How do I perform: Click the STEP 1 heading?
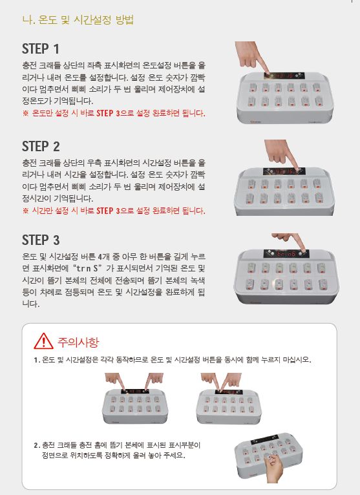coord(41,49)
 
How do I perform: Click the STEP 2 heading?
coord(41,147)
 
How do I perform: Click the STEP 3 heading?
coord(41,240)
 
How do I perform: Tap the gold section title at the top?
coord(78,19)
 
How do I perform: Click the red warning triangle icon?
coord(43,341)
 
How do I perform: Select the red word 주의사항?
coord(78,342)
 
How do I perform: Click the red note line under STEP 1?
coord(114,113)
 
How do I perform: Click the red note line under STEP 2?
coord(114,211)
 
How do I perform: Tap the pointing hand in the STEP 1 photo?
coord(251,57)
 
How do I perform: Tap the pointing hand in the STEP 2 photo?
coord(281,154)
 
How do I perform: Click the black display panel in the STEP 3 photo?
coord(286,253)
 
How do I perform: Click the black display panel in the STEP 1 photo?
coord(284,76)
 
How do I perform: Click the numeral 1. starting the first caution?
coord(37,360)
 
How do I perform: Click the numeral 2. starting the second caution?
coord(37,445)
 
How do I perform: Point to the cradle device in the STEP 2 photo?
coord(284,191)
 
